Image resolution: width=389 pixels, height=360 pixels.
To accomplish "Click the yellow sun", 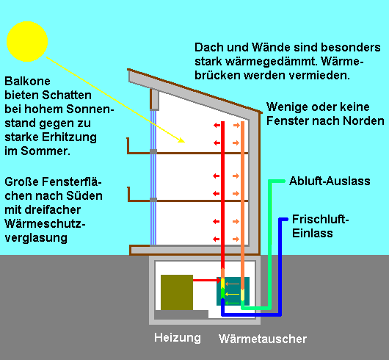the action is pyautogui.click(x=27, y=41).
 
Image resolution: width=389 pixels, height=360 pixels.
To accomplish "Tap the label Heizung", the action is pyautogui.click(x=178, y=338).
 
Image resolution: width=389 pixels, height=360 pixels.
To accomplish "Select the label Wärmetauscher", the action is pyautogui.click(x=263, y=339).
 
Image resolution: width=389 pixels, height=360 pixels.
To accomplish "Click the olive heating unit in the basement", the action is pyautogui.click(x=177, y=292).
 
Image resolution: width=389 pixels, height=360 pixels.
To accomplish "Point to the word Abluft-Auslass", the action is pyautogui.click(x=330, y=181).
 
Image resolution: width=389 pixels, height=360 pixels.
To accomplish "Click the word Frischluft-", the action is pyautogui.click(x=320, y=219).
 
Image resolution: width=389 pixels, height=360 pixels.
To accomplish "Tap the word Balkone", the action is pyautogui.click(x=28, y=82).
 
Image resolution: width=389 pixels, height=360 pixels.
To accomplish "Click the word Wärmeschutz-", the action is pyautogui.click(x=45, y=223).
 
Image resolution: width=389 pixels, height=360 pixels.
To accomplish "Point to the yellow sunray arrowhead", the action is pyautogui.click(x=181, y=140).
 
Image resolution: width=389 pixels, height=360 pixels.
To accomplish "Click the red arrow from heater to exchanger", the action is pyautogui.click(x=207, y=281).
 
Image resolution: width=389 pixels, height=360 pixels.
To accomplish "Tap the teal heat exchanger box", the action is pyautogui.click(x=233, y=291).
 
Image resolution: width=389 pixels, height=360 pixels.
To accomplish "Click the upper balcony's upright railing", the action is pyautogui.click(x=128, y=145).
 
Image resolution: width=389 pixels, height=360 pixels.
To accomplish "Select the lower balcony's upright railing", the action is pyautogui.click(x=128, y=194).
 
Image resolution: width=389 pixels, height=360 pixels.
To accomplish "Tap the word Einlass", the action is pyautogui.click(x=313, y=233).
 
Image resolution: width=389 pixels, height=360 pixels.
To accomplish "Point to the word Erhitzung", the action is pyautogui.click(x=69, y=137).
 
